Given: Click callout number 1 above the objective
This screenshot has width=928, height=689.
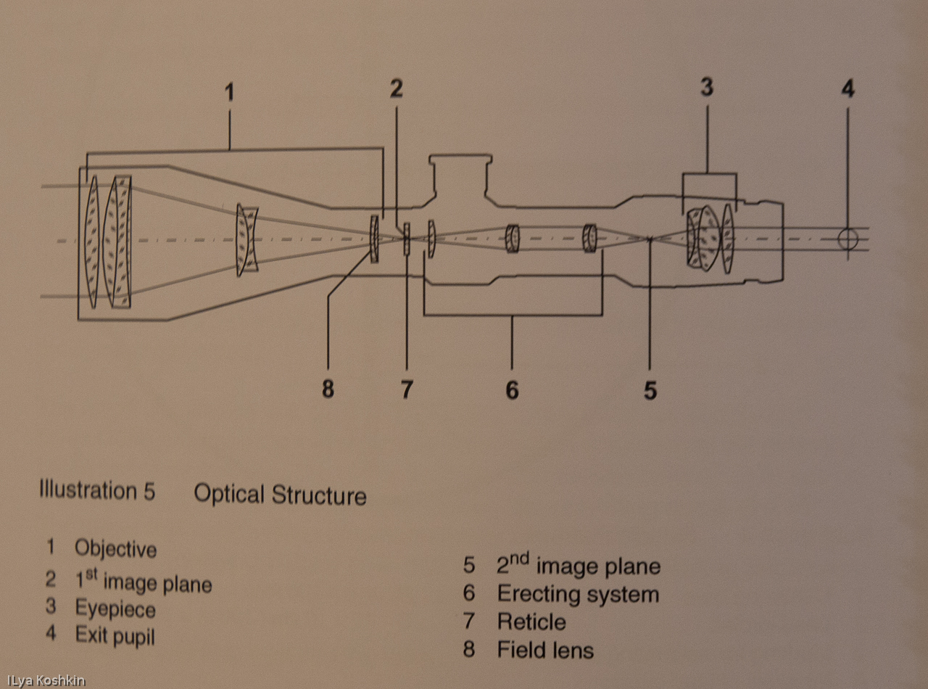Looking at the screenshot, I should click(229, 93).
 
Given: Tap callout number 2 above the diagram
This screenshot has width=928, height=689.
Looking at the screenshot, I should click(396, 88).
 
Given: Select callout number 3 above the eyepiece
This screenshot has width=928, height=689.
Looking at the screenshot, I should click(707, 88).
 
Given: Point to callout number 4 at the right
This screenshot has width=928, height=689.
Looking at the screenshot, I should click(848, 89).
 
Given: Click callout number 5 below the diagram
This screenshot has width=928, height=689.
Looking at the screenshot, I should click(650, 391).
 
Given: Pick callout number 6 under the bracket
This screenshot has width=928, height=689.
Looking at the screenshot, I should click(512, 390).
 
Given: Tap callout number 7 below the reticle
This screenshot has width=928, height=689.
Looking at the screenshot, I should click(407, 390).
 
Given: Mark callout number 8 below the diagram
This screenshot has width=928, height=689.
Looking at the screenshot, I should click(328, 390).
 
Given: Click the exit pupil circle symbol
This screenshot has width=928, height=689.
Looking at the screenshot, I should click(848, 239).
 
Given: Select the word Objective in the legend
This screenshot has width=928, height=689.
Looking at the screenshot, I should click(115, 548).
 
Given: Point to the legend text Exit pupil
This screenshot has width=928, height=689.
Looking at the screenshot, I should click(115, 636).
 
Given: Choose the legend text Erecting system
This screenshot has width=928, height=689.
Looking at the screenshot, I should click(578, 594).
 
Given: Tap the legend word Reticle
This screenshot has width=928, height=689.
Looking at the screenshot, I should click(531, 622).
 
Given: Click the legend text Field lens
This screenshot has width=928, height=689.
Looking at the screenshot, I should click(545, 650).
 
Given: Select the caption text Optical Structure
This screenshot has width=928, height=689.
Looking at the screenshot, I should click(280, 495).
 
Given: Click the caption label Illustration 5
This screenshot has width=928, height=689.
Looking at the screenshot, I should click(96, 491).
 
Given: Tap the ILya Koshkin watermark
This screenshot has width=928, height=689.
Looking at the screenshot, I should click(45, 680).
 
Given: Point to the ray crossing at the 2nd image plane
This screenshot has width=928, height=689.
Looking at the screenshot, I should click(650, 239).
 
